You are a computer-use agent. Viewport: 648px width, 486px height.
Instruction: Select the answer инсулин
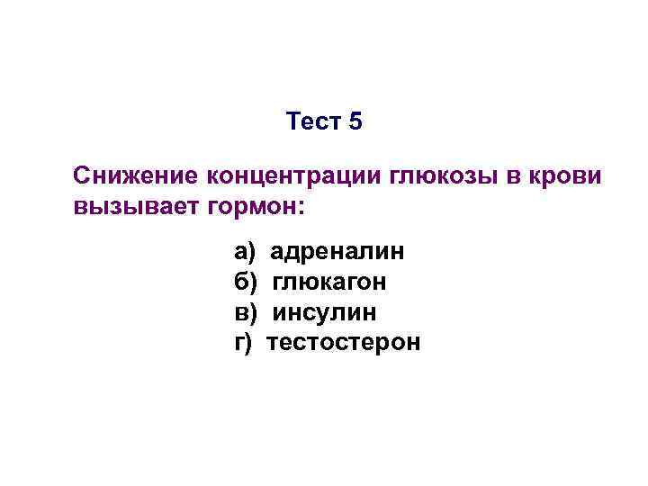pyautogui.click(x=325, y=312)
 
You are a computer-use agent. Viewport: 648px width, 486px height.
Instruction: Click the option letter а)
pyautogui.click(x=246, y=251)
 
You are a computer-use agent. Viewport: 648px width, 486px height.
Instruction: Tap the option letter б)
pyautogui.click(x=246, y=282)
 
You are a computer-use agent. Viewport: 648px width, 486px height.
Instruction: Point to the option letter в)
pyautogui.click(x=246, y=312)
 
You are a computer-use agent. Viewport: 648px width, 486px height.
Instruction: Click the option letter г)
pyautogui.click(x=244, y=343)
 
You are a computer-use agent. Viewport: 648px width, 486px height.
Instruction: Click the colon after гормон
pyautogui.click(x=301, y=208)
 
